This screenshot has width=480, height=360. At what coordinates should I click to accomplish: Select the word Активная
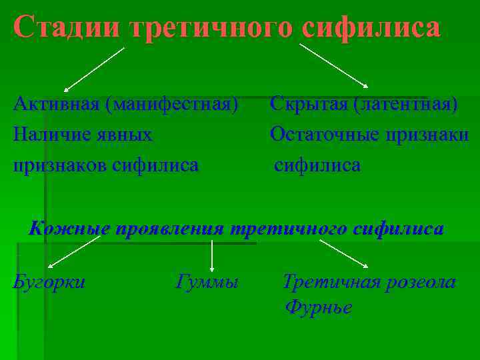55,105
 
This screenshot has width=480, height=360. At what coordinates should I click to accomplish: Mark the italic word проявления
169,229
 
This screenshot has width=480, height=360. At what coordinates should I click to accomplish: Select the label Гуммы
207,282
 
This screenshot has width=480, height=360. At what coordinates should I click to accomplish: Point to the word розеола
420,282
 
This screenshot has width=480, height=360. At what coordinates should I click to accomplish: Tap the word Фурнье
319,307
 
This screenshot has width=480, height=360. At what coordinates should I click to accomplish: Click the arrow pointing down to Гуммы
212,255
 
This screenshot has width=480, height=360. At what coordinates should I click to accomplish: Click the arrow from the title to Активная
94,69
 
